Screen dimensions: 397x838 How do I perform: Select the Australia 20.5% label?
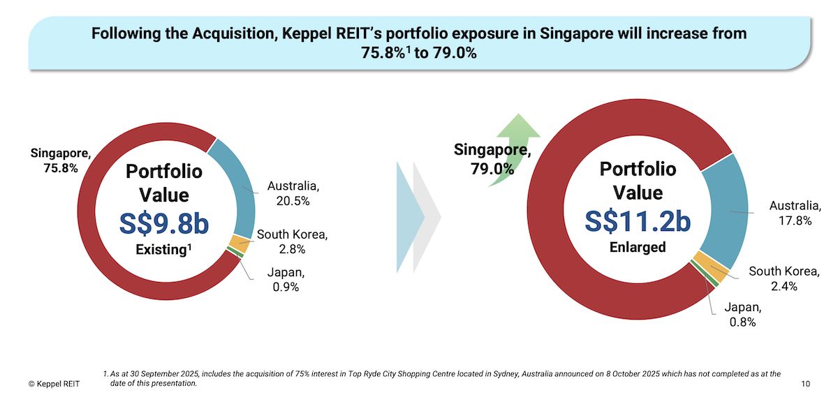tap(293, 193)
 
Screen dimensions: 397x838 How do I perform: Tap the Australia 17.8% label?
tap(795, 213)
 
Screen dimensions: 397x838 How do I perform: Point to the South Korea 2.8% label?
tap(292, 241)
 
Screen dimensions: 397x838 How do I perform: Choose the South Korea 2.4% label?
tap(784, 278)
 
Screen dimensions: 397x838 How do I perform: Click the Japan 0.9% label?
tap(286, 280)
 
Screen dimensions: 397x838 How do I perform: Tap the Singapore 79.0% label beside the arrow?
tap(492, 158)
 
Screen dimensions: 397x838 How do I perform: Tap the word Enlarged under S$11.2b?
tap(638, 247)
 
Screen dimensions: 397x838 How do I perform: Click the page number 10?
tap(807, 384)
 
